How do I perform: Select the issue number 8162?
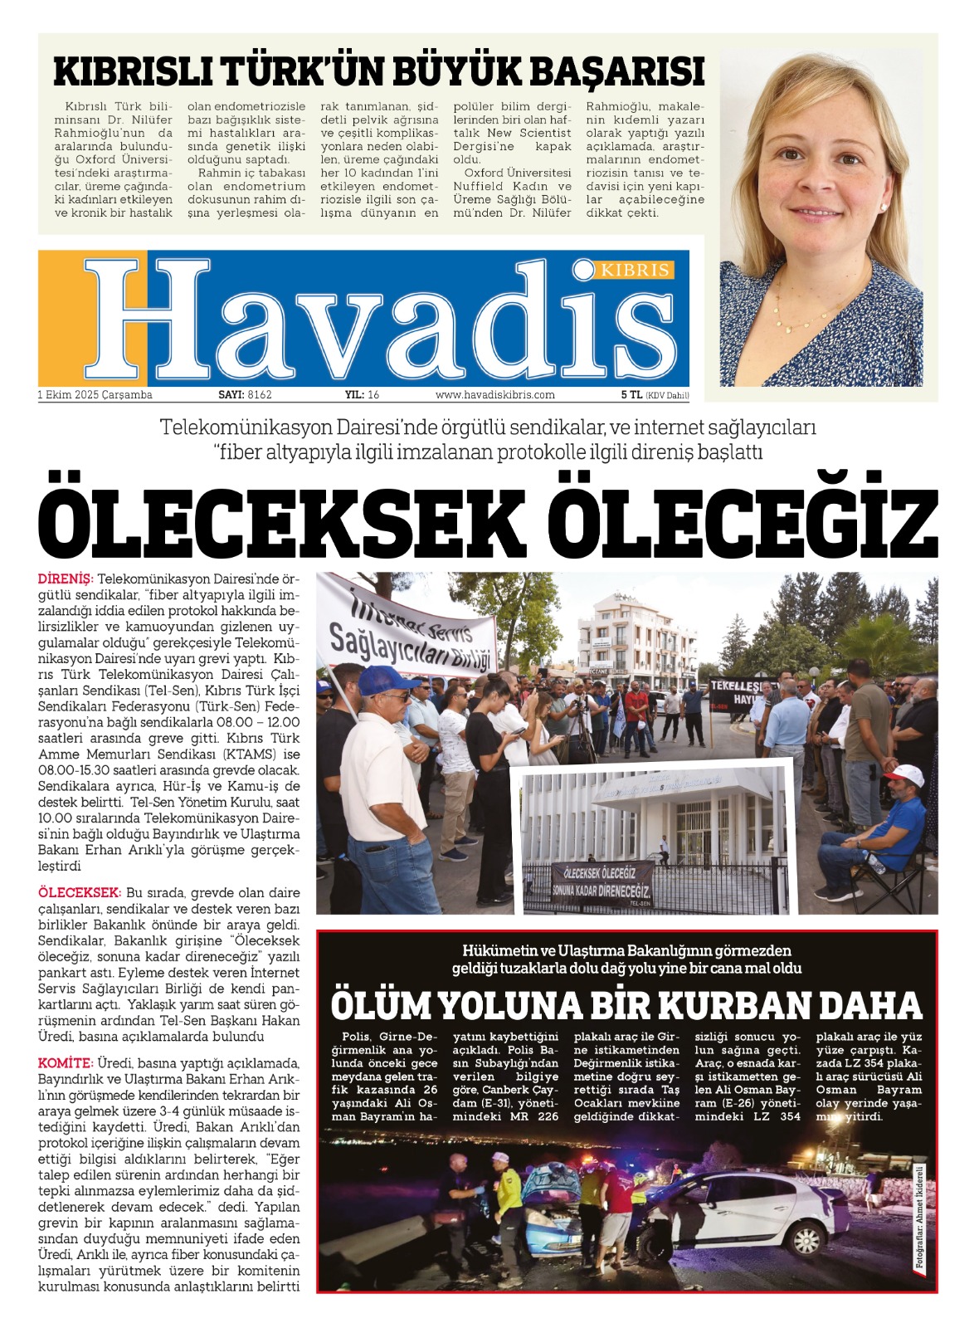[x=260, y=395]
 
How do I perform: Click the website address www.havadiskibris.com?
[x=494, y=395]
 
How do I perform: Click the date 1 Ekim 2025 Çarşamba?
[x=95, y=395]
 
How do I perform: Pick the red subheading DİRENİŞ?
[x=66, y=578]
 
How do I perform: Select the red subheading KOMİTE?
[x=65, y=1063]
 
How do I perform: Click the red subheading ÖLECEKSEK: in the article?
[x=80, y=893]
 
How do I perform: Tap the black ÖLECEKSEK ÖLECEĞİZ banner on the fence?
[x=601, y=882]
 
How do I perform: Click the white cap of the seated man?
[x=905, y=775]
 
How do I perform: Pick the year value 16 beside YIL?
[x=373, y=395]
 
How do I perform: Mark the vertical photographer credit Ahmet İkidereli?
[x=919, y=1218]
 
